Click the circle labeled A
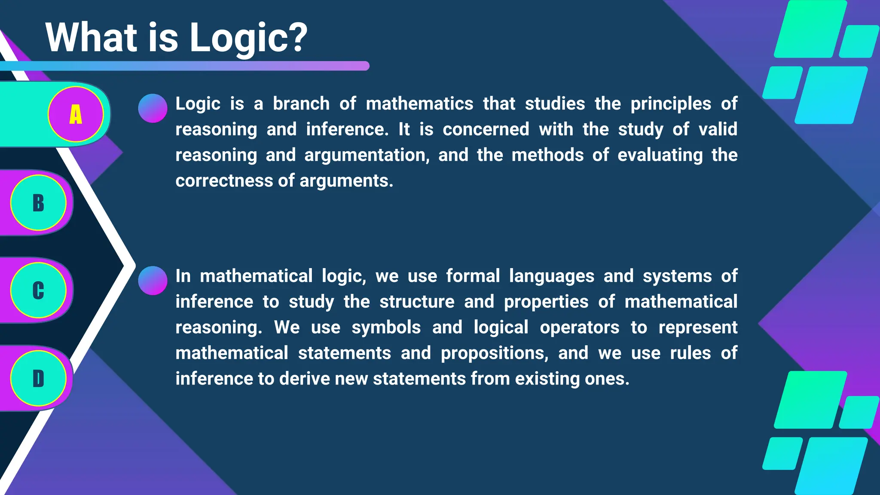(76, 114)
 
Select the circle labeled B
(38, 203)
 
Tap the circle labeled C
(38, 290)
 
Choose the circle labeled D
(38, 378)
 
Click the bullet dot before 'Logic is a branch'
(153, 108)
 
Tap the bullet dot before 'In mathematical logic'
(153, 281)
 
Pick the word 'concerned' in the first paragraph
(486, 130)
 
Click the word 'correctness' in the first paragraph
(224, 181)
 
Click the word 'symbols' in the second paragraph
(386, 328)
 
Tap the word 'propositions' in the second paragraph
(495, 354)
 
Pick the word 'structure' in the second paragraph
(417, 302)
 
